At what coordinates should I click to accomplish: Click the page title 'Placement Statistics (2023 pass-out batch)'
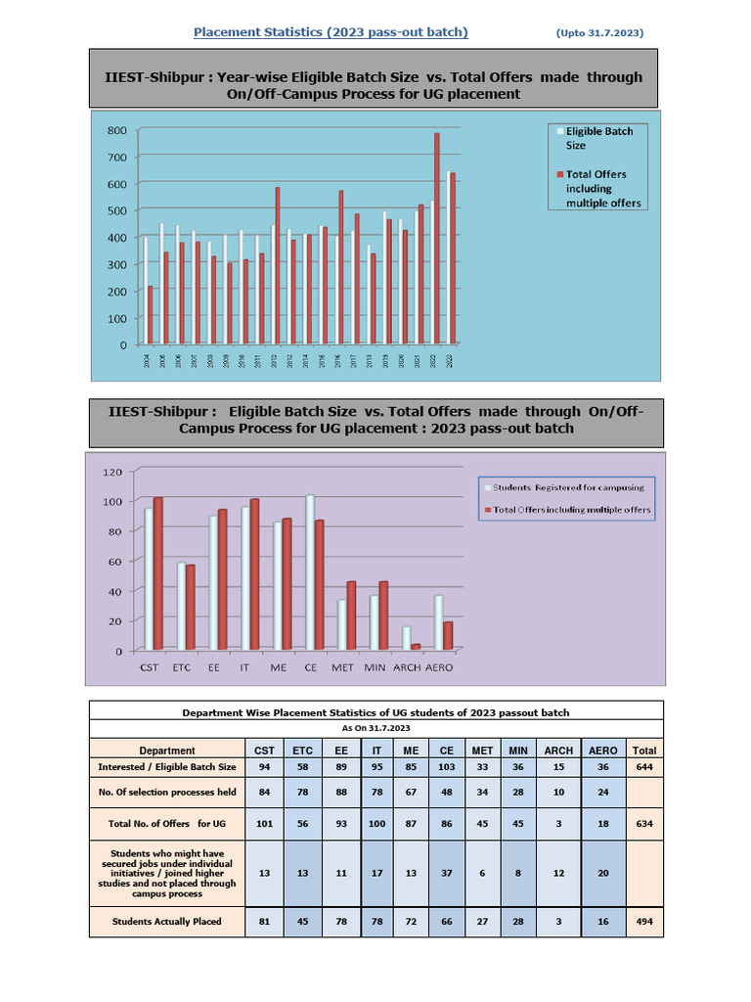point(331,32)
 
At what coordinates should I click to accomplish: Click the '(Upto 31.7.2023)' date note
point(599,33)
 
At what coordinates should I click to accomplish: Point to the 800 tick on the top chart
point(116,130)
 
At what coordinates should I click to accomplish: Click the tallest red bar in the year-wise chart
point(436,239)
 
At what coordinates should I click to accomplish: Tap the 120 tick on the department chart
point(112,472)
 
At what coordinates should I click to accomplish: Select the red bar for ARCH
point(416,646)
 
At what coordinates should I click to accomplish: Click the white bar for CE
point(310,571)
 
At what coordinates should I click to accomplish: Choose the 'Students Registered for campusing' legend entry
point(568,486)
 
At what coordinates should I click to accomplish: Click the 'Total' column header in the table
point(644,751)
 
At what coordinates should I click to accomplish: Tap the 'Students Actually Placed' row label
point(166,921)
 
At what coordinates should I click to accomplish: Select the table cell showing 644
point(644,767)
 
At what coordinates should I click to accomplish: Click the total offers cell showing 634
point(644,823)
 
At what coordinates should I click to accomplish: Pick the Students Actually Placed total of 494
point(644,921)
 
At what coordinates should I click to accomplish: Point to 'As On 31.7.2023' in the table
point(375,728)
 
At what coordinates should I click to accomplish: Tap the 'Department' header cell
point(166,751)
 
